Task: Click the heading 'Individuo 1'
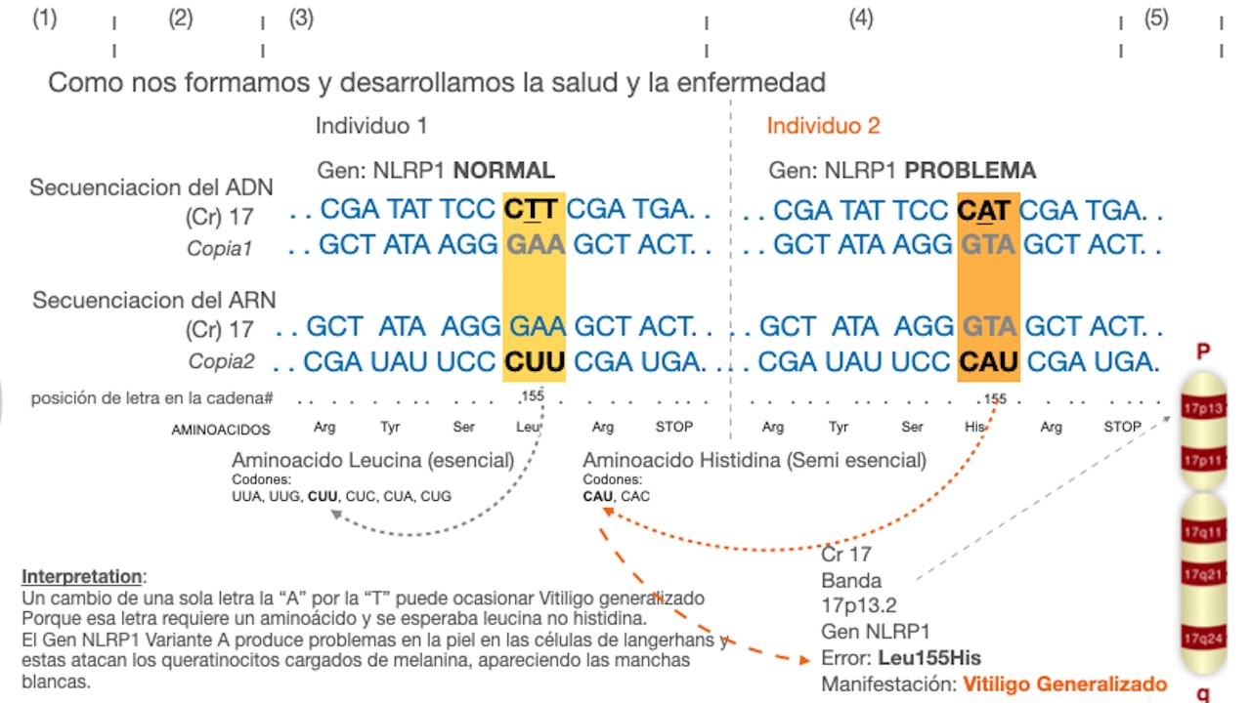click(x=371, y=126)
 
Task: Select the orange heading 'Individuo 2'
click(x=823, y=126)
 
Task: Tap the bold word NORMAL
click(x=503, y=171)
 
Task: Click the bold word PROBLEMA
click(x=970, y=171)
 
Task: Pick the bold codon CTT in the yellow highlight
click(x=532, y=210)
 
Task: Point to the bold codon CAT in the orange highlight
click(x=985, y=210)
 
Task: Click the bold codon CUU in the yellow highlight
click(x=534, y=362)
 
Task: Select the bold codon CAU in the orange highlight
click(x=987, y=362)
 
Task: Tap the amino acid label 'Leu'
click(x=527, y=427)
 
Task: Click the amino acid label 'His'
click(x=976, y=427)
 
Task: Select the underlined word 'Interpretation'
click(x=82, y=576)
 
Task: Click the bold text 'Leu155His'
click(x=928, y=657)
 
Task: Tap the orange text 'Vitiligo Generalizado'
click(x=1065, y=683)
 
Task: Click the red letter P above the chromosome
click(x=1203, y=351)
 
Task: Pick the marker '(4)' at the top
click(x=860, y=19)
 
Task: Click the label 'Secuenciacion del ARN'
click(x=154, y=301)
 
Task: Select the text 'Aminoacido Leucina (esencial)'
click(x=372, y=460)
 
